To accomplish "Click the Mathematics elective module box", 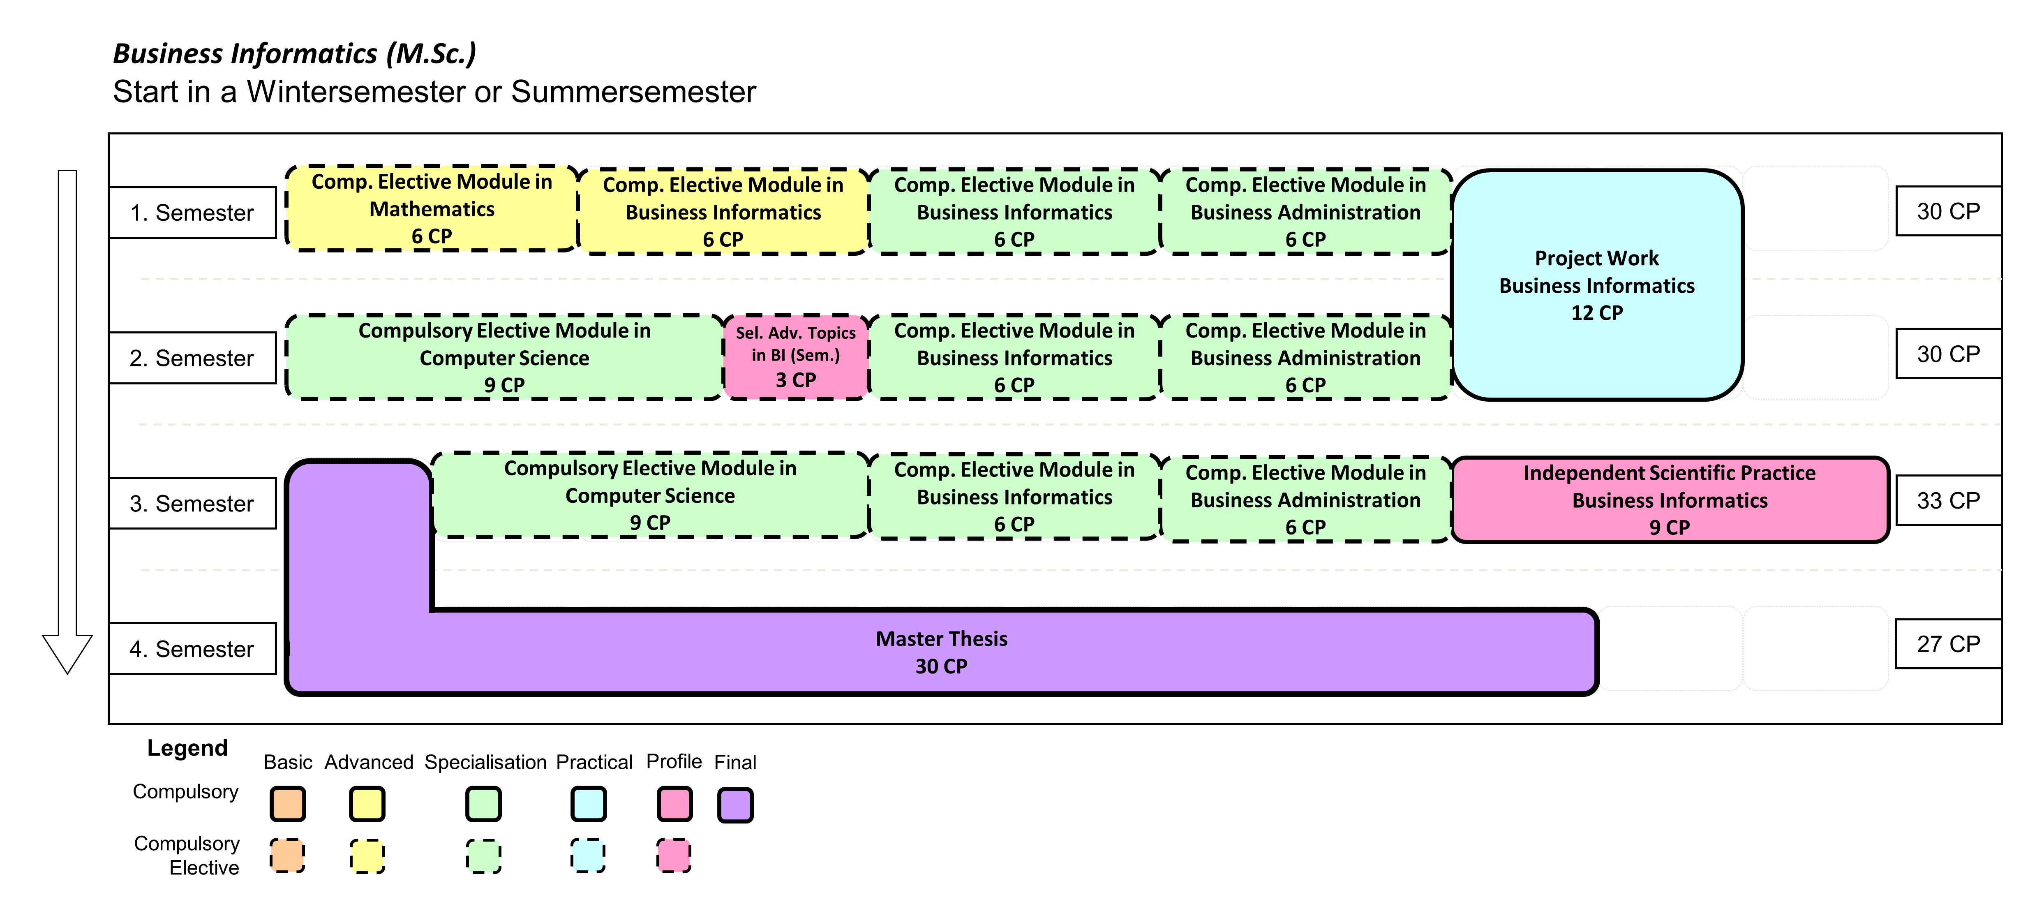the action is coord(432,209).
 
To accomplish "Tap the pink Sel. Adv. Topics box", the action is coord(796,356).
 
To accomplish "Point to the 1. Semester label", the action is coord(192,213).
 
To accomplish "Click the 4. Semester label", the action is coord(192,648).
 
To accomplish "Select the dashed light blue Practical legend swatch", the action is coord(588,856).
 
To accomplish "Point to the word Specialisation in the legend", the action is coord(485,762).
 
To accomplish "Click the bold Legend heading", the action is coord(187,748).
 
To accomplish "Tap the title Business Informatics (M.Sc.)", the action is coord(294,53).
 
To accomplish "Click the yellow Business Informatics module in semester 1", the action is coord(723,211).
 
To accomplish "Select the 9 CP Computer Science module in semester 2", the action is coord(505,357).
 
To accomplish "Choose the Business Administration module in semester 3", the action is coord(1305,500).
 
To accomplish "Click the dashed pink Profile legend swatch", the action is coord(674,856).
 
